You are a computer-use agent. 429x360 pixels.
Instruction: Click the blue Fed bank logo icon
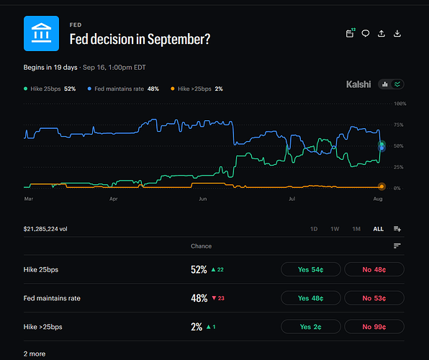[41, 33]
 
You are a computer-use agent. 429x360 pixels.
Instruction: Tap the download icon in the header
[397, 33]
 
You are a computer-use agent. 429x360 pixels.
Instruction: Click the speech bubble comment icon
[366, 33]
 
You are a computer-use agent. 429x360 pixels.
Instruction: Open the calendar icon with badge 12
[351, 33]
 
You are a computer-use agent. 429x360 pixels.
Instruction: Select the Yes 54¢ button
[311, 269]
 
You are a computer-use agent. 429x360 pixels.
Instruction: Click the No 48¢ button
[374, 269]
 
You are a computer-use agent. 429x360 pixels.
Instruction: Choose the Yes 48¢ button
[311, 298]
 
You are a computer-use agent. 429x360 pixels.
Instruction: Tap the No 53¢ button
[374, 298]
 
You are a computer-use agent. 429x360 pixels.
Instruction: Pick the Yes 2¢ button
[311, 327]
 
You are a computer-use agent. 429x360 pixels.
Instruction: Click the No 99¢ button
[374, 327]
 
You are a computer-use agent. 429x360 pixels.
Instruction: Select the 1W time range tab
[335, 229]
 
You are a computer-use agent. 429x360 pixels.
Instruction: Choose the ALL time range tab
[379, 229]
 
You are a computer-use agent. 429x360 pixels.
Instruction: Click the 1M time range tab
[356, 229]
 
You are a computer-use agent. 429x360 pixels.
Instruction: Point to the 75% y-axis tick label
[398, 125]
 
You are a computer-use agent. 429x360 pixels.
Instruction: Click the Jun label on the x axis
[203, 199]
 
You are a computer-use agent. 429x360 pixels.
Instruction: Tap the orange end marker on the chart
[381, 186]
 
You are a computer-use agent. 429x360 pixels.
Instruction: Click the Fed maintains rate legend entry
[123, 89]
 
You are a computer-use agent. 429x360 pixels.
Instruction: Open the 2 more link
[35, 354]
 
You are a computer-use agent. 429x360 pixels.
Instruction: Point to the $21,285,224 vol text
[45, 229]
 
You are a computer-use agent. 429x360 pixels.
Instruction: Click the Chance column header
[201, 246]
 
